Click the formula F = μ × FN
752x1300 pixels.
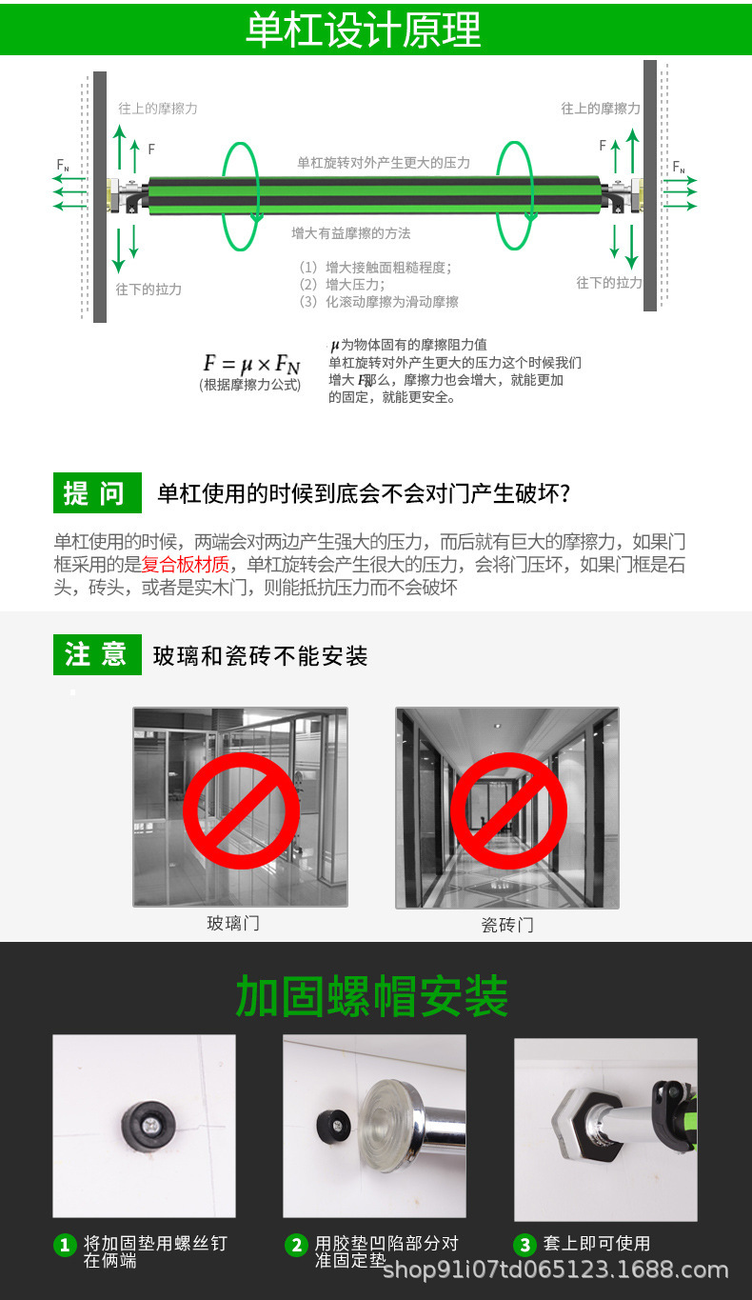[251, 364]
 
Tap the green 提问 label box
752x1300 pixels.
[96, 493]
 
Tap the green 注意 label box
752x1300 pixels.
[96, 655]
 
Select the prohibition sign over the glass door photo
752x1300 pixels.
[240, 810]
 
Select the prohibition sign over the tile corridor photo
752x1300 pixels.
[508, 810]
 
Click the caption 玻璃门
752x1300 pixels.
[233, 923]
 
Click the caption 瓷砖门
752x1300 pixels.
[507, 925]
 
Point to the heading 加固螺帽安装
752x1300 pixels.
[371, 996]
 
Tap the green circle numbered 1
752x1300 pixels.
[65, 1245]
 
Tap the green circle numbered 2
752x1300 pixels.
[297, 1245]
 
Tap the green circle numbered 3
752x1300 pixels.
[524, 1245]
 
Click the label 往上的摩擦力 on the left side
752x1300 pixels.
[157, 109]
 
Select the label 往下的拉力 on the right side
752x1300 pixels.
[608, 283]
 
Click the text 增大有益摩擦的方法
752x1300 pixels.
[351, 232]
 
